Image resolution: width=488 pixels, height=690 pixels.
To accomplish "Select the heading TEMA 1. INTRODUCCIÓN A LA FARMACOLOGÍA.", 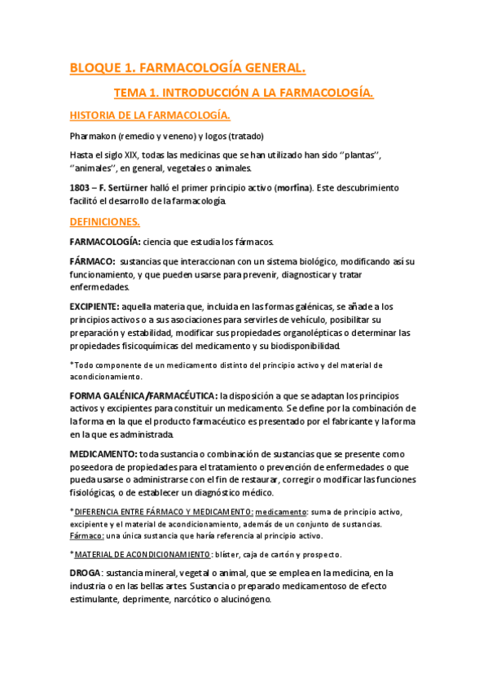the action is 244,94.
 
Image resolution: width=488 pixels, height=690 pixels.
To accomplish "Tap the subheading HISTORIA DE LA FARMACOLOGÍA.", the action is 151,115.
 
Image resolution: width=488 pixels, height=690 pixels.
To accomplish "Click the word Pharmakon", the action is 94,135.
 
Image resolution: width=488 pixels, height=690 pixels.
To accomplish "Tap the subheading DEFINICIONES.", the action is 105,221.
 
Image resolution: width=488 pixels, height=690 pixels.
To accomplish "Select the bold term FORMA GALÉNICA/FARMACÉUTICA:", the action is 143,395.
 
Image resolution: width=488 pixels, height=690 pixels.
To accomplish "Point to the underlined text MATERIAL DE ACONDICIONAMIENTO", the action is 142,554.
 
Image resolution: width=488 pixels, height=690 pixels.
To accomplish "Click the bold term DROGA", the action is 86,574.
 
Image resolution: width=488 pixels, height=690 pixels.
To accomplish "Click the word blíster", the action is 231,554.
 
